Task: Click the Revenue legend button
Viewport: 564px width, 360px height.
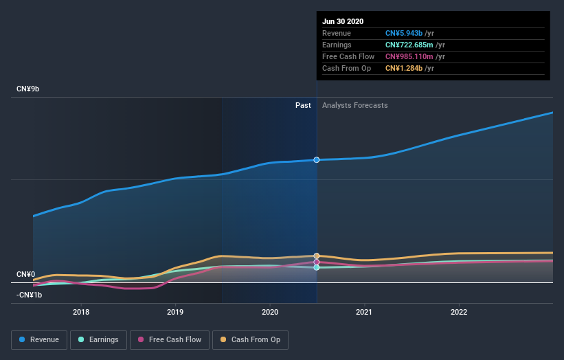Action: (40, 339)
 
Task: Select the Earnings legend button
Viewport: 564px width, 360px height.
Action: (98, 339)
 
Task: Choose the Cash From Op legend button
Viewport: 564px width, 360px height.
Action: (251, 339)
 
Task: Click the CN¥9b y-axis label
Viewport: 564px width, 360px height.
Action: (28, 89)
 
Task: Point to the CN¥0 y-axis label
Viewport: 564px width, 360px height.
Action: (25, 275)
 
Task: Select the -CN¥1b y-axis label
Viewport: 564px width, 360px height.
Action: (30, 295)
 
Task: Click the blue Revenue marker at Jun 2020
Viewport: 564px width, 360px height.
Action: (317, 160)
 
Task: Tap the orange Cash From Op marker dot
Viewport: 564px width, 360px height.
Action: (317, 256)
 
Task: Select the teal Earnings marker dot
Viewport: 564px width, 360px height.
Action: (317, 267)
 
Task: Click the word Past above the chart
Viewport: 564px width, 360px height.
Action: (303, 106)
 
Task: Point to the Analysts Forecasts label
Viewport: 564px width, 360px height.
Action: (354, 106)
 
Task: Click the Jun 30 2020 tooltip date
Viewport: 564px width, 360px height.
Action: (343, 21)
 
